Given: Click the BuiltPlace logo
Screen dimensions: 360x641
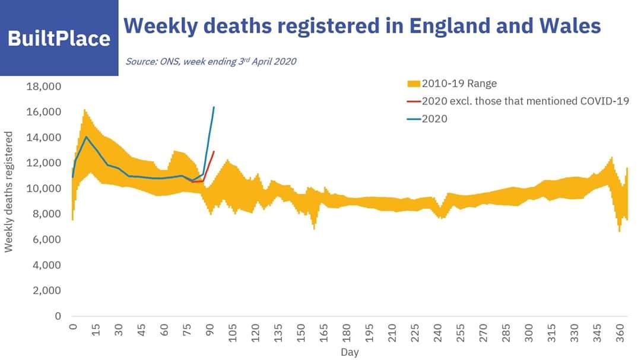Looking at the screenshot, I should click(x=59, y=39).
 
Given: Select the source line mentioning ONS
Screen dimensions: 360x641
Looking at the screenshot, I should click(x=211, y=61).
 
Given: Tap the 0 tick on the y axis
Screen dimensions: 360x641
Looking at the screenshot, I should click(x=58, y=316).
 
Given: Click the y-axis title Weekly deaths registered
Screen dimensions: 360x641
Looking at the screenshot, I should click(x=9, y=192).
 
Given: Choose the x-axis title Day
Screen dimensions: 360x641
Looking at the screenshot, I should click(x=350, y=352).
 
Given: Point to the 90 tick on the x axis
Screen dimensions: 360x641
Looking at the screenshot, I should click(x=210, y=331).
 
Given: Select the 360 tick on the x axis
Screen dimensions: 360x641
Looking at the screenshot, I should click(x=620, y=333).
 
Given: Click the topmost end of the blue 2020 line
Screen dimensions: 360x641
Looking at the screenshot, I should click(x=214, y=107).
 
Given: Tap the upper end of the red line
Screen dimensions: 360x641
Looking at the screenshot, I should click(x=214, y=151).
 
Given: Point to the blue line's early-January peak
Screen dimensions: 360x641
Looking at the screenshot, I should click(x=87, y=137).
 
